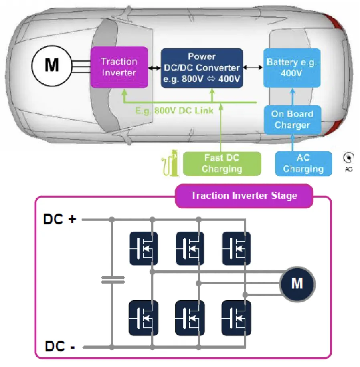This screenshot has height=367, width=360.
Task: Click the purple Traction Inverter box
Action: pos(119,67)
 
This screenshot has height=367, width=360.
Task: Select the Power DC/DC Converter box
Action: pos(202,68)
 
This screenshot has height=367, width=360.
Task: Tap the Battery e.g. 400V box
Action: pos(292,68)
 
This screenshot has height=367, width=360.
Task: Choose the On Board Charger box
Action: pos(292,119)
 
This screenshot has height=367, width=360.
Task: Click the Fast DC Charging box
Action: pos(222,163)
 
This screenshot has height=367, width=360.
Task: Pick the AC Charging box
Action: pos(303,163)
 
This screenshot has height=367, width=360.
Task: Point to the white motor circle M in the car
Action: pos(52,65)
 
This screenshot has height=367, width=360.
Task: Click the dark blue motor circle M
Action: pos(297,284)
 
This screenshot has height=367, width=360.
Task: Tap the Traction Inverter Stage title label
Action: pos(244,196)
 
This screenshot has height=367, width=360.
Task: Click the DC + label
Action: pos(60,220)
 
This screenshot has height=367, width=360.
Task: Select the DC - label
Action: pos(60,347)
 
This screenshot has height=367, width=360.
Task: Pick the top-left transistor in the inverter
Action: pos(144,248)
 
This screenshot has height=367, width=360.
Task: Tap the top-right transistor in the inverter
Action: pos(237,248)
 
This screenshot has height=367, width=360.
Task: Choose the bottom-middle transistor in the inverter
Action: pos(190,318)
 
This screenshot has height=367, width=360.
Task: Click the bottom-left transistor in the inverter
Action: pos(144,318)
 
